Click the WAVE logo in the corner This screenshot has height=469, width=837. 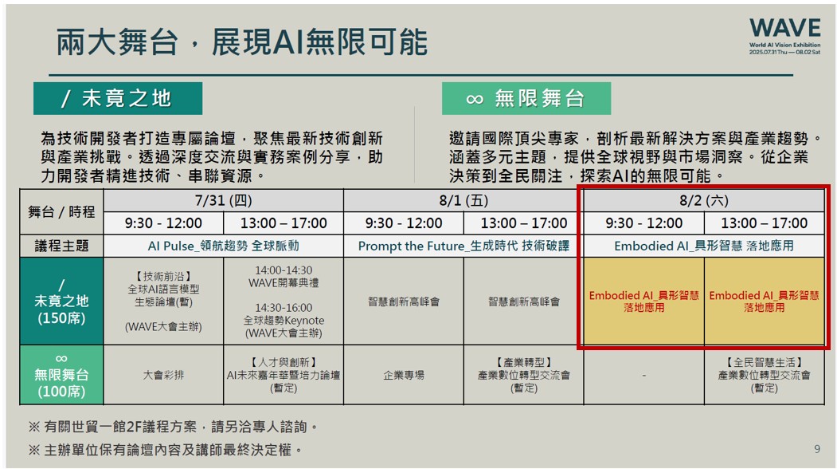(784, 36)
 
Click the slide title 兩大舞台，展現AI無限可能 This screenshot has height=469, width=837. (242, 42)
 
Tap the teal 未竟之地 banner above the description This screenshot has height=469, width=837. (118, 98)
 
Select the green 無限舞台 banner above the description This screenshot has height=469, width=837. (526, 98)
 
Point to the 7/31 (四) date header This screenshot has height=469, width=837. (223, 200)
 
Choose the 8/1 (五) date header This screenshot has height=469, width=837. (463, 200)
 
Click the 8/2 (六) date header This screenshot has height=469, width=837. (704, 200)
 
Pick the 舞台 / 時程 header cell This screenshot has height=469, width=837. (61, 212)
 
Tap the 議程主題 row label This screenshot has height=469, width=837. (61, 246)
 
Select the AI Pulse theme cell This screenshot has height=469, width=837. (223, 246)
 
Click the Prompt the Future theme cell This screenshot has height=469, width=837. (463, 246)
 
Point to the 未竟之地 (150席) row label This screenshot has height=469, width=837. (61, 301)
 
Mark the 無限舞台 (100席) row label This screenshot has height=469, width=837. (61, 375)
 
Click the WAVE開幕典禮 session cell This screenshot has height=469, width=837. (284, 301)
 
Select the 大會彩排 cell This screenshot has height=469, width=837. (163, 375)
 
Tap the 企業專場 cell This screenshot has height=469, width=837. (404, 375)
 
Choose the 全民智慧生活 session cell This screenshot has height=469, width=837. (764, 375)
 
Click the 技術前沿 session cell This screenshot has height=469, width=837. (163, 301)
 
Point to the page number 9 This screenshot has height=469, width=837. (817, 449)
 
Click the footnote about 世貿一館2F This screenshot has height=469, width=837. (173, 427)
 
